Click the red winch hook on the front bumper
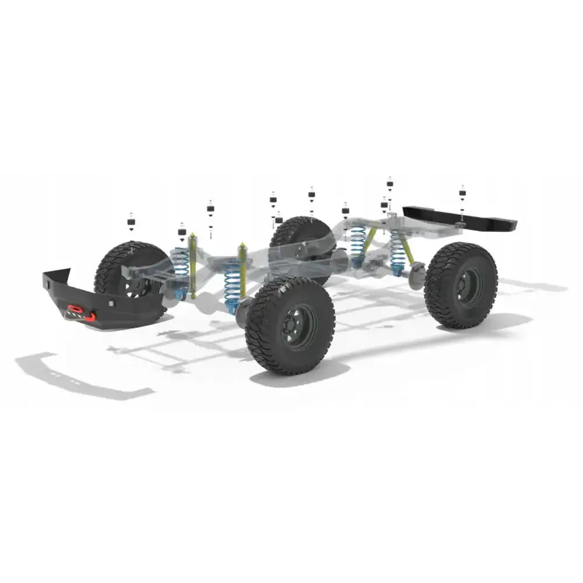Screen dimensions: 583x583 75,310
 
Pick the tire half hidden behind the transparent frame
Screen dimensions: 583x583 300,239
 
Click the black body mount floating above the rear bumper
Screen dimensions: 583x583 462,193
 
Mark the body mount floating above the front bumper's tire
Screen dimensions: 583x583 131,223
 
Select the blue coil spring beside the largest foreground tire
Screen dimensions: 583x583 233,282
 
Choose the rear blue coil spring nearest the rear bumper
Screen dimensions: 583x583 398,251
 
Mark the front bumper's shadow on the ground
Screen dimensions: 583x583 82,376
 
